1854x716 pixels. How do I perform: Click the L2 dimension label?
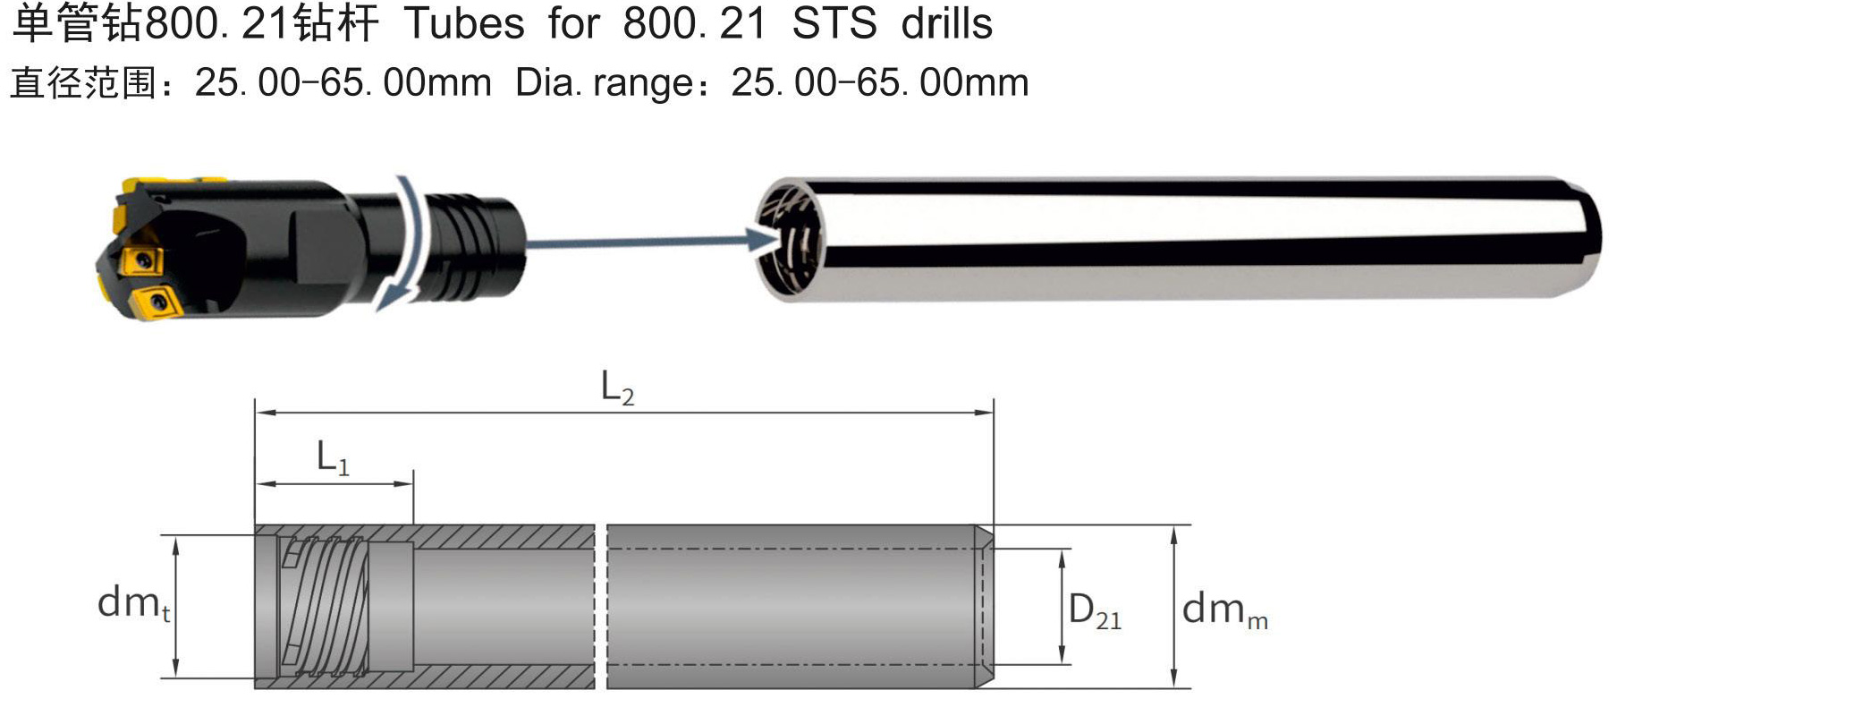pos(617,388)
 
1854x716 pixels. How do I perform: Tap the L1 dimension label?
pos(333,458)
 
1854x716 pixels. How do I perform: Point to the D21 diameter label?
pos(1095,612)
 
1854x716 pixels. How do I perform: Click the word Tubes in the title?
pos(464,23)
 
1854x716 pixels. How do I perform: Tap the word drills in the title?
pos(947,23)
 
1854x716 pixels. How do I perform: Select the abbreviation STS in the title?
pos(834,23)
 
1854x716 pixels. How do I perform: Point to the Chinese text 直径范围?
pos(83,83)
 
